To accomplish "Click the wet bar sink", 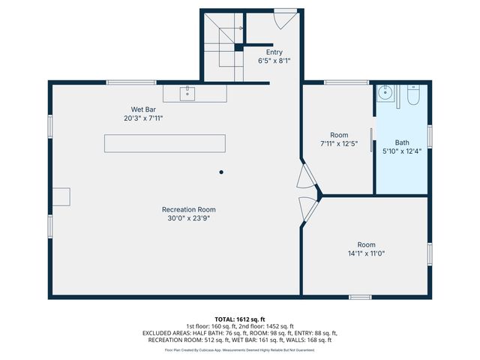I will pos(187,93).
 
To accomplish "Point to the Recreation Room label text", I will pos(189,209).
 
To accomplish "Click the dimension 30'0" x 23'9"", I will pos(189,218).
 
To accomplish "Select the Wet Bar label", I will pos(143,109).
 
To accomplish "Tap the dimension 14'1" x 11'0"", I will pos(366,253).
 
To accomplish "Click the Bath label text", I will pos(403,142).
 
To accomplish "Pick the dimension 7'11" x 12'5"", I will pos(338,143).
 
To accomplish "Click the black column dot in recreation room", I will pos(221,172).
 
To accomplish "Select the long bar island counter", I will pos(164,142).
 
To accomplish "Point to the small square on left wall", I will pos(60,196).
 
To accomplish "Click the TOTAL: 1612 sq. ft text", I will pos(239,319).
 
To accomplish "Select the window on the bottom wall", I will pos(360,297).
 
